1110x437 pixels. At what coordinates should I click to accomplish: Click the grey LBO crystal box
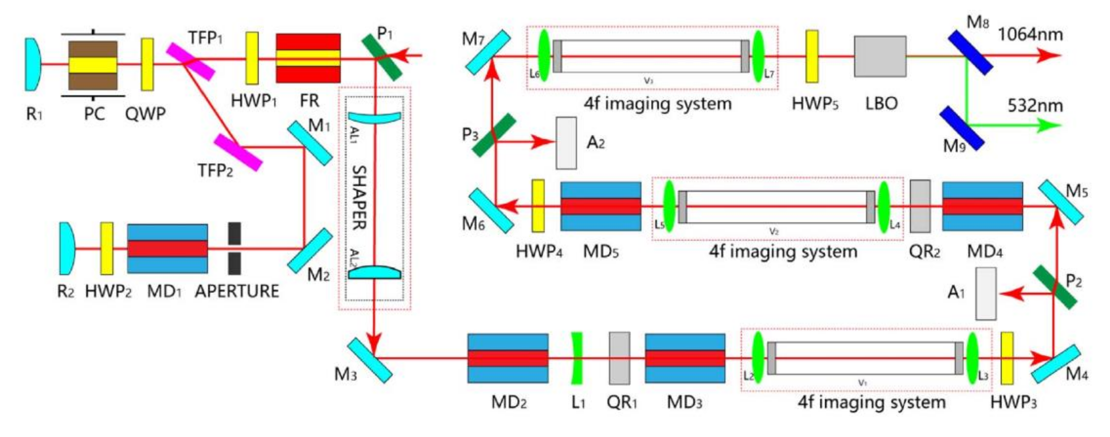pyautogui.click(x=880, y=57)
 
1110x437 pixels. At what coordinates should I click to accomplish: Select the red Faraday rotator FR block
pyautogui.click(x=308, y=58)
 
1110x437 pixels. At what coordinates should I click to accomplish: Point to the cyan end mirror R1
pyautogui.click(x=32, y=65)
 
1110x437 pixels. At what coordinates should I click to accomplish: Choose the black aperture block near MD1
pyautogui.click(x=234, y=249)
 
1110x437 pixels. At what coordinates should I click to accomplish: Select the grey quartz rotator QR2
pyautogui.click(x=920, y=206)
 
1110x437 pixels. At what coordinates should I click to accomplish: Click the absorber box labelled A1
pyautogui.click(x=986, y=294)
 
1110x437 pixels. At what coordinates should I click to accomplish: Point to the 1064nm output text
pyautogui.click(x=1030, y=34)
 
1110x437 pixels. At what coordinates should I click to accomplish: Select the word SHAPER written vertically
pyautogui.click(x=359, y=197)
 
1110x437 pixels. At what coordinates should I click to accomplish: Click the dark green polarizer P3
pyautogui.click(x=494, y=135)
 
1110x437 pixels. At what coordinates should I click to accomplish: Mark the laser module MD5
pyautogui.click(x=601, y=206)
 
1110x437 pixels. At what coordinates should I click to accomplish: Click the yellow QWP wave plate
pyautogui.click(x=147, y=65)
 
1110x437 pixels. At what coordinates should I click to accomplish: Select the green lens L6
pyautogui.click(x=544, y=56)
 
